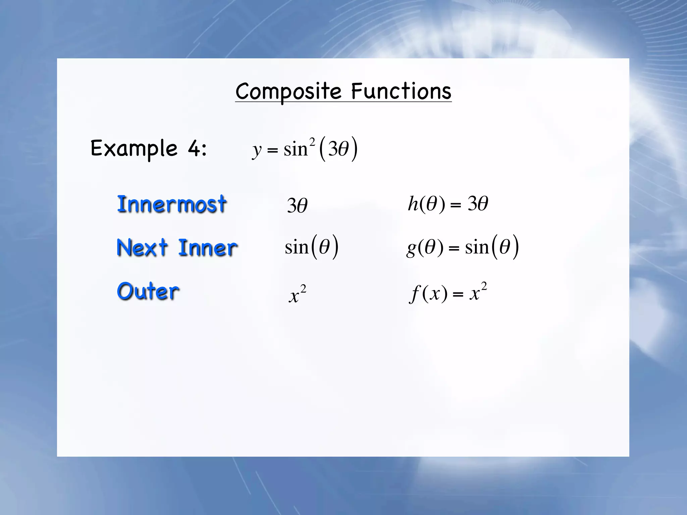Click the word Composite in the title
288,91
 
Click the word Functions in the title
401,91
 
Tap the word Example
134,148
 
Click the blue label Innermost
172,204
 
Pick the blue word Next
142,247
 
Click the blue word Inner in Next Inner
208,248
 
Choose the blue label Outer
148,291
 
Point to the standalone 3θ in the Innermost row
297,205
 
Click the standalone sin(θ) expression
312,247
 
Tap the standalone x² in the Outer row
298,294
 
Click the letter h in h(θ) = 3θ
413,204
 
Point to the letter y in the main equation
257,150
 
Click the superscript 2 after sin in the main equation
312,142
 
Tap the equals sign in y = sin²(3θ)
272,150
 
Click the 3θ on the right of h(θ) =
478,204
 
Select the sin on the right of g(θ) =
477,247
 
